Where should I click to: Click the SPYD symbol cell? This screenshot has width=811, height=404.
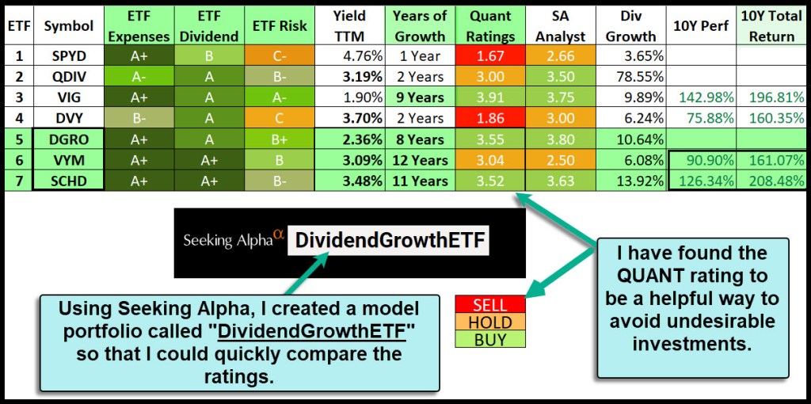click(68, 55)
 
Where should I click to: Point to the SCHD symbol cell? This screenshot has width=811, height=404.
click(68, 181)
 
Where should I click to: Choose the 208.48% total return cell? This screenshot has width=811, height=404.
click(771, 181)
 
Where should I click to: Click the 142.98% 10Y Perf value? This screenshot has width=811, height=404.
click(701, 97)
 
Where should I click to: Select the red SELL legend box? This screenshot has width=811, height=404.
click(490, 305)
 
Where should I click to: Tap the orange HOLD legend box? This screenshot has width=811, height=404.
click(490, 322)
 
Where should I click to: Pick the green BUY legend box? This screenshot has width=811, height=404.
click(490, 339)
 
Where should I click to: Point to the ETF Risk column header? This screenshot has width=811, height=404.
click(280, 25)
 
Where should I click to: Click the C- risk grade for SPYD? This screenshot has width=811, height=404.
click(280, 55)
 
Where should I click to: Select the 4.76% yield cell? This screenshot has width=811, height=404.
click(350, 55)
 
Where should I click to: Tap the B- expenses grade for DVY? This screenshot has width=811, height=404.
click(138, 119)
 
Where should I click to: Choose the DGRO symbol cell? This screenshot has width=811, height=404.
click(68, 139)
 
